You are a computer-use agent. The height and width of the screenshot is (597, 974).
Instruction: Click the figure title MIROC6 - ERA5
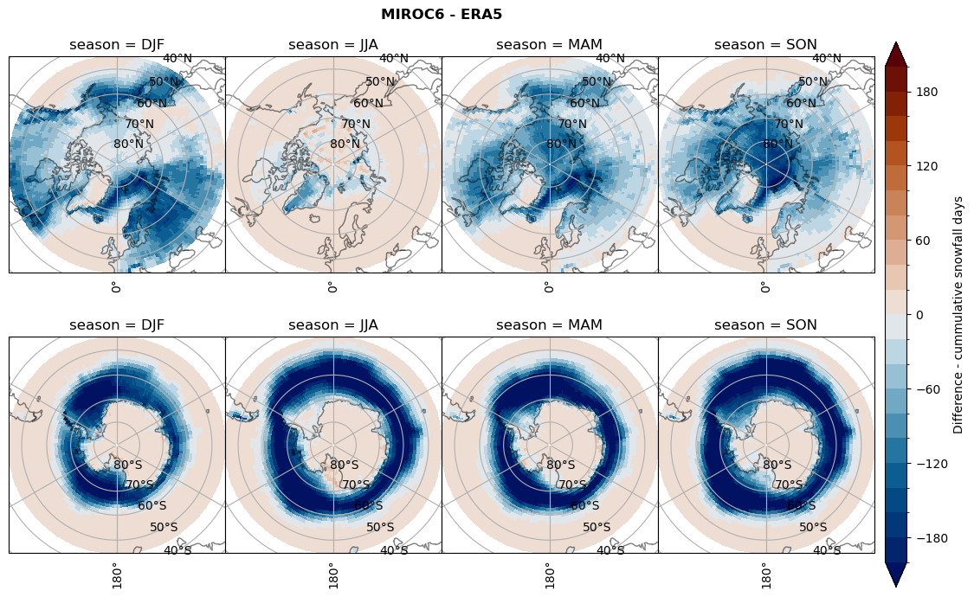(x=442, y=14)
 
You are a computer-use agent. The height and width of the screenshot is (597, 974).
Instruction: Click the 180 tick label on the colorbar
(x=927, y=92)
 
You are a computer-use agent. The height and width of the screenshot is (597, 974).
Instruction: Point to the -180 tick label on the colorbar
(x=930, y=538)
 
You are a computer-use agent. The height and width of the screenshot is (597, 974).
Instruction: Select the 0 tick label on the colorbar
(x=920, y=315)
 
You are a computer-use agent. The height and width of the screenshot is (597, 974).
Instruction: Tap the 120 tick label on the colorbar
(x=927, y=166)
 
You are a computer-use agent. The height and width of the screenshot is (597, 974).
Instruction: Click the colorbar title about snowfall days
(x=958, y=315)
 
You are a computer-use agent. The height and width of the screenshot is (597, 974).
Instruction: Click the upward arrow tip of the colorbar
(x=896, y=43)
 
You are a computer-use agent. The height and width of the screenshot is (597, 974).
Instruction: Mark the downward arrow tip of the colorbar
(x=896, y=586)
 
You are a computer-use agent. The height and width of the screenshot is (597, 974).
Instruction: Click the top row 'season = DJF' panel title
(x=117, y=45)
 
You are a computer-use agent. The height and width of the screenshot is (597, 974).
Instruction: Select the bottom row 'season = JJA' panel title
(x=333, y=325)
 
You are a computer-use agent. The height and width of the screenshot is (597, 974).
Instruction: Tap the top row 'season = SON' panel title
(x=766, y=45)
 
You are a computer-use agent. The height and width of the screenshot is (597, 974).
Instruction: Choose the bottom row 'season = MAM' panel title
(x=550, y=325)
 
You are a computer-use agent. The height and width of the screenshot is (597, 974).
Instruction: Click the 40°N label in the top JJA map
(x=394, y=59)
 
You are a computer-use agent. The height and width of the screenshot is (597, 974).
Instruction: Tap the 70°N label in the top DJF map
(x=139, y=125)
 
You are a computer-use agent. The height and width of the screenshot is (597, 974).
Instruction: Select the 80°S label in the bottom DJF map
(x=128, y=465)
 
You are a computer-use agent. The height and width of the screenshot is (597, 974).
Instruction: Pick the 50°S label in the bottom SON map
(x=813, y=528)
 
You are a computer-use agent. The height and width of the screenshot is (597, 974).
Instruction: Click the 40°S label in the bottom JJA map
(x=394, y=550)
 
